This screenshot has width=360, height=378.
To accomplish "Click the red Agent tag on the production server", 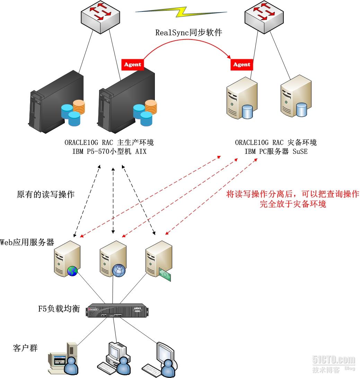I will point(132,64).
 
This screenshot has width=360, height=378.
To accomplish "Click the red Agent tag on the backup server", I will point(242,64).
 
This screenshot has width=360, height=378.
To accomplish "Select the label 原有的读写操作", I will point(45,194).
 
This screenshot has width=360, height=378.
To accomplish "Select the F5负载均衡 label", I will point(59,309).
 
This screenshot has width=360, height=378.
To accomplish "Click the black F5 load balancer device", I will point(120,310).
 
